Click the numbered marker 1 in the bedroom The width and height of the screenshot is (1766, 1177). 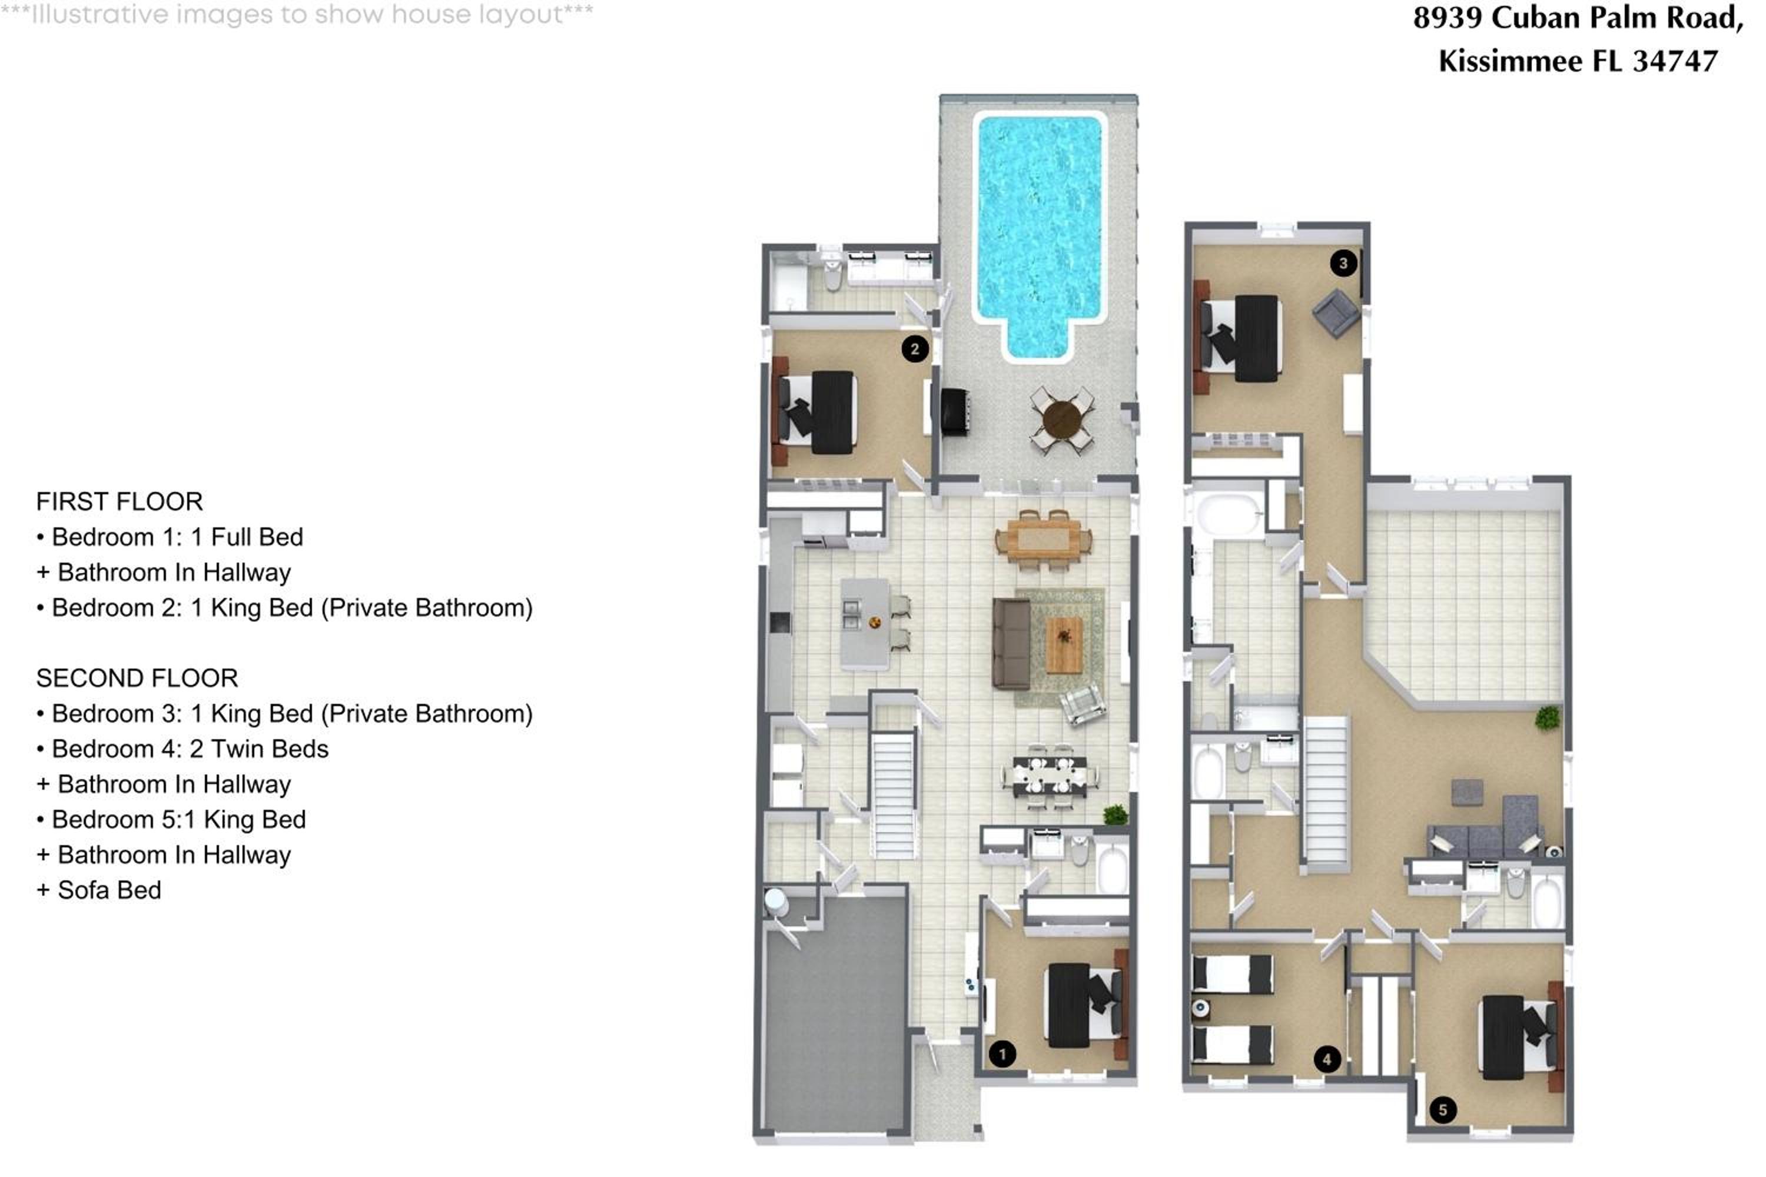1002,1054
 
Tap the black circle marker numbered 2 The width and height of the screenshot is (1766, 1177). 915,348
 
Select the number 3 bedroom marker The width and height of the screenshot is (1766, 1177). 1343,262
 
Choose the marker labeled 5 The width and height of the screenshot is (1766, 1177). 1442,1110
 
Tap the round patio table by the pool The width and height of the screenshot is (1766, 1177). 1062,420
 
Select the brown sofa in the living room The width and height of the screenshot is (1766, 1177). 1011,643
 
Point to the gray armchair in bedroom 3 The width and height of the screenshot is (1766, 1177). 1336,312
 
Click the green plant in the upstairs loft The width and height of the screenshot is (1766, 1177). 1548,717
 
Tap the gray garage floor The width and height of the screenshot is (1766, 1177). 835,1013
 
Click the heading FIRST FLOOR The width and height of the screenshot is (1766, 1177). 119,501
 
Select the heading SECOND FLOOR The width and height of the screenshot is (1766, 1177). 137,678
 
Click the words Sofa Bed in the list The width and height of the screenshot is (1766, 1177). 109,889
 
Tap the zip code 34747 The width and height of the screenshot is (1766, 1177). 1675,61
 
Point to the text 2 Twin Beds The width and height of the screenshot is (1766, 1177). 259,749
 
